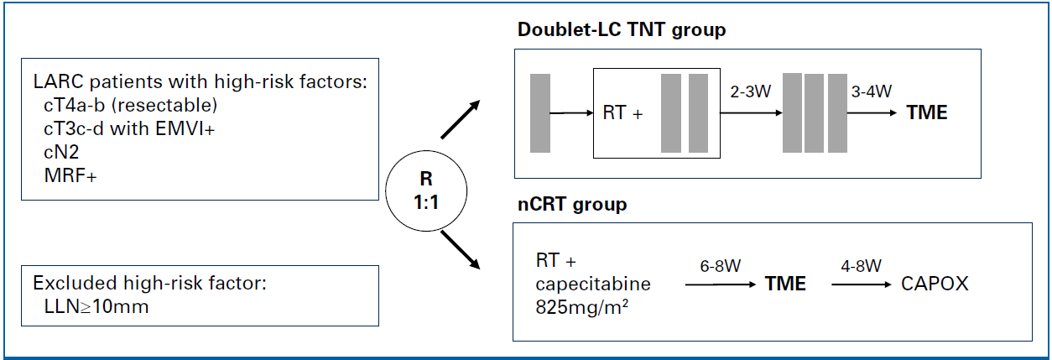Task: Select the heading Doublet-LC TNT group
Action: click(x=622, y=30)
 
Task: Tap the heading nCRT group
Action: click(x=572, y=205)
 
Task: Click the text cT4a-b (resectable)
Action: click(x=131, y=105)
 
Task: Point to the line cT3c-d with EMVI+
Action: click(x=129, y=128)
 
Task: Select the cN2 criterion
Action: click(x=61, y=152)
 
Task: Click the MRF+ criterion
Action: click(x=70, y=175)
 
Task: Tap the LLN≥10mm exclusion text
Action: click(x=96, y=306)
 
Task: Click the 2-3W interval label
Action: click(x=750, y=91)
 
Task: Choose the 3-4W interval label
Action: click(x=871, y=91)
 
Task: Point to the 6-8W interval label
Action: click(x=720, y=266)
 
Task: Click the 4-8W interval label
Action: click(x=861, y=266)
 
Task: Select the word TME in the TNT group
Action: click(x=927, y=112)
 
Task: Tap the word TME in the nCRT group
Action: click(x=785, y=284)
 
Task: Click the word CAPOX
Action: click(x=935, y=284)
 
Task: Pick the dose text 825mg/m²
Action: click(x=582, y=307)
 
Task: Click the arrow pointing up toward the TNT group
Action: click(x=461, y=119)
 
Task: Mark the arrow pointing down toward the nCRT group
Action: click(x=461, y=250)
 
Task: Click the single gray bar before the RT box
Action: click(x=540, y=113)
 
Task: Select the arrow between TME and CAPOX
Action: click(x=862, y=284)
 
